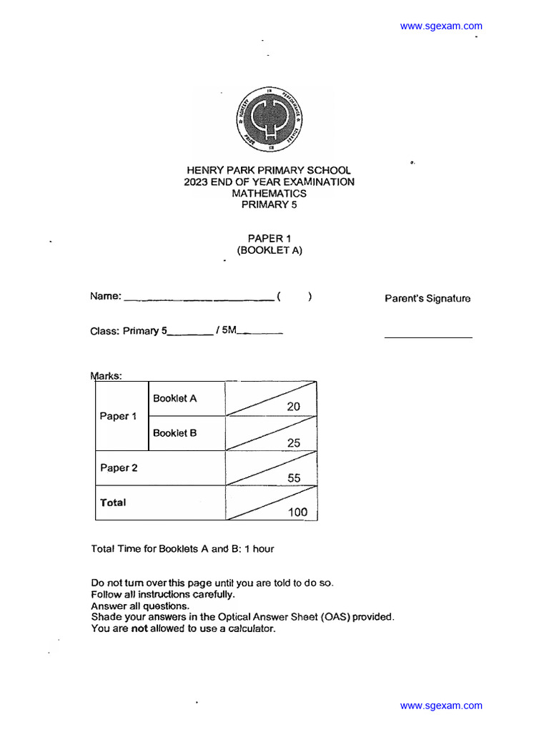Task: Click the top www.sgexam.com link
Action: pyautogui.click(x=441, y=26)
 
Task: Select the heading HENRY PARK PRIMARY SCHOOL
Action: pyautogui.click(x=269, y=170)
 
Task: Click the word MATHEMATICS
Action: pyautogui.click(x=269, y=193)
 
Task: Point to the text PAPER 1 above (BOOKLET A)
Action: pyautogui.click(x=269, y=238)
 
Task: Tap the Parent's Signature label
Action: pyautogui.click(x=427, y=299)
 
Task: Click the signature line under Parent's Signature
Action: pyautogui.click(x=428, y=337)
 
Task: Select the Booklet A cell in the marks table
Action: pyautogui.click(x=175, y=398)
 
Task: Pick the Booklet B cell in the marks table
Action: pyautogui.click(x=175, y=432)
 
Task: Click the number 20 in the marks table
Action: pyautogui.click(x=293, y=406)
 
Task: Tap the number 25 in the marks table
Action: pyautogui.click(x=294, y=442)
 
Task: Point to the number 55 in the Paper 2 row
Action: pyautogui.click(x=294, y=478)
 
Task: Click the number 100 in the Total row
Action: pyautogui.click(x=297, y=512)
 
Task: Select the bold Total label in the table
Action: pyautogui.click(x=113, y=503)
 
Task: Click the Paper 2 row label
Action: pyautogui.click(x=119, y=468)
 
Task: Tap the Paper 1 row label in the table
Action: pyautogui.click(x=119, y=416)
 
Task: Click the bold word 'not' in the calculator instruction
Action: pyautogui.click(x=139, y=628)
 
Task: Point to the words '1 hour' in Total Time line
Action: pyautogui.click(x=259, y=549)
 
